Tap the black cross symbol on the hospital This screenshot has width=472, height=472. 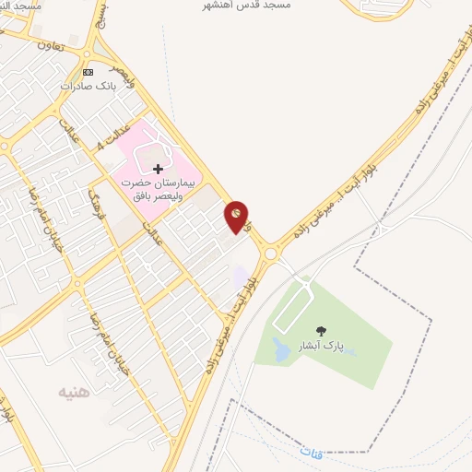tap(158, 169)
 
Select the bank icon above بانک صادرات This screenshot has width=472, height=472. tap(88, 72)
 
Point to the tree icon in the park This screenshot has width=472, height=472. tap(321, 332)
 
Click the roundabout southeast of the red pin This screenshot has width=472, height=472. tap(271, 253)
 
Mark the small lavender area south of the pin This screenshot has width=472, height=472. tap(241, 276)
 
